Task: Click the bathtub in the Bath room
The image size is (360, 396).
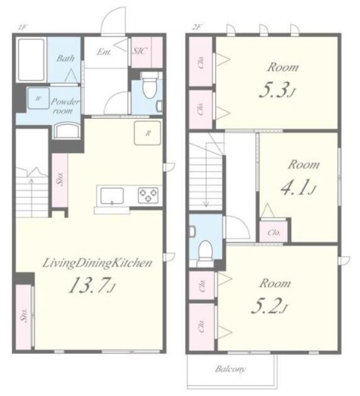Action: [32, 60]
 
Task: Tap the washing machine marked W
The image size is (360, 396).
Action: [38, 98]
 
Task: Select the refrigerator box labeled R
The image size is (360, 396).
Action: [147, 133]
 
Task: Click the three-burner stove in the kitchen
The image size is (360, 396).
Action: [148, 196]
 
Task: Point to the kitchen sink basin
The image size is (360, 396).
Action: [112, 196]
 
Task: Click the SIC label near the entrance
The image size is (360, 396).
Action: [140, 51]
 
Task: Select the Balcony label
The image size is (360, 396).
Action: [230, 369]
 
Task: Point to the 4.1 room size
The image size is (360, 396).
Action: [298, 189]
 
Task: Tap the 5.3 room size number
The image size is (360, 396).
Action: [277, 91]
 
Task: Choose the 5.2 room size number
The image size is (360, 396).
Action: [269, 307]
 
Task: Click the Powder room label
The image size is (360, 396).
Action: [65, 106]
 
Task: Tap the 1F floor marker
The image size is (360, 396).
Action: [22, 28]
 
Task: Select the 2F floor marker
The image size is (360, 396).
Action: [196, 27]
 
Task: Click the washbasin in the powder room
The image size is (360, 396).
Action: [67, 131]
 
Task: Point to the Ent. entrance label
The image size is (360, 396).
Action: [104, 52]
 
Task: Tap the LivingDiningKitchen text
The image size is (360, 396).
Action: [97, 263]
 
